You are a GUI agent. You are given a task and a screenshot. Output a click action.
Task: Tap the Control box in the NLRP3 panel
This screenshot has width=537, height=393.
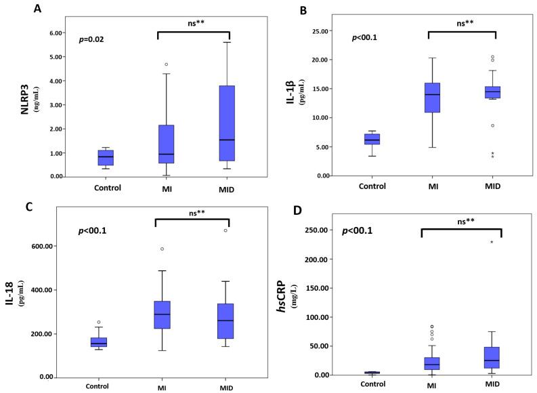pyautogui.click(x=106, y=157)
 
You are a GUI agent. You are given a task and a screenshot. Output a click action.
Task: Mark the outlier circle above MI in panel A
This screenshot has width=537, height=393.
pyautogui.click(x=166, y=64)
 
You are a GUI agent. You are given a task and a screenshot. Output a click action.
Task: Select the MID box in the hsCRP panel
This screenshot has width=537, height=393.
pyautogui.click(x=492, y=358)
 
